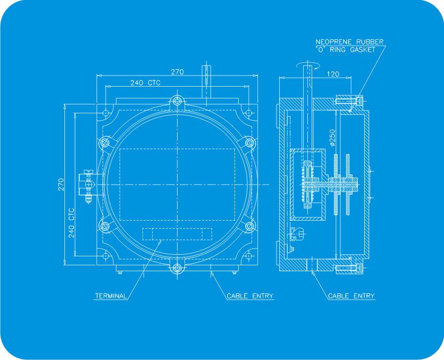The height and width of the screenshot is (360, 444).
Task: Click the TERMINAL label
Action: point(111,296)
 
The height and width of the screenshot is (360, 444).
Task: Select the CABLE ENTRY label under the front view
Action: point(250,296)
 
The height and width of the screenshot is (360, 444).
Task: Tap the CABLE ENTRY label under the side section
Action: point(351,296)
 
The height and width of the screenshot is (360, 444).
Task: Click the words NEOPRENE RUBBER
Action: point(349,41)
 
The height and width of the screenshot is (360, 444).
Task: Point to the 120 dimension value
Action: point(333,74)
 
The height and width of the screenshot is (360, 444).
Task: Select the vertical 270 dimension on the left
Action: point(61,185)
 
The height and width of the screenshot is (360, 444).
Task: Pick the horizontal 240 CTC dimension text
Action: point(145,83)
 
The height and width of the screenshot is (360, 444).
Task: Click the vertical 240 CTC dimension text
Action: point(71,222)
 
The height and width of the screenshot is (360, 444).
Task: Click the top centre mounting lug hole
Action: point(177,101)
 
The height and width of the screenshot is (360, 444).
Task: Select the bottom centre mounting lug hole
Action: point(177,268)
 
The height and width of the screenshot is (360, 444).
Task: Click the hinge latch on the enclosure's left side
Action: point(87,184)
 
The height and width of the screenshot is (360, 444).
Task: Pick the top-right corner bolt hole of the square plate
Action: point(248,113)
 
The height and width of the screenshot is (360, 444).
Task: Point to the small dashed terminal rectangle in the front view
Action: point(177,234)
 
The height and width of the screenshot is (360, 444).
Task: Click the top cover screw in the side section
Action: point(349,100)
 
